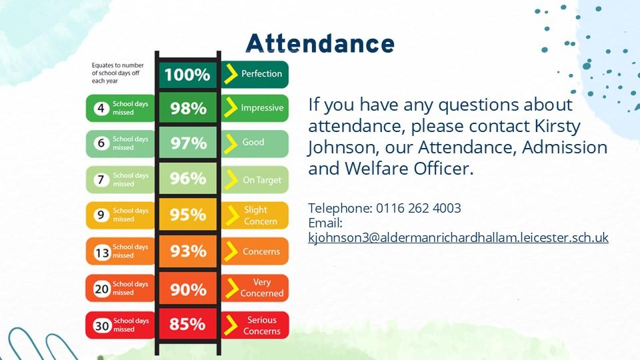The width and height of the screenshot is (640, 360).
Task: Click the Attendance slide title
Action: point(320,43)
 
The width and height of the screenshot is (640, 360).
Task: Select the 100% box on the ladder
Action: point(187,75)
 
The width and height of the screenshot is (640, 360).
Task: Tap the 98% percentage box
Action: point(188,108)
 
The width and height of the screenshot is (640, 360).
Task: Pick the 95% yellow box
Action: point(188,215)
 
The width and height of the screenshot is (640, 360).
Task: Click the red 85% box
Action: point(188,324)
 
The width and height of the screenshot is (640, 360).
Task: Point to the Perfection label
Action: point(261,74)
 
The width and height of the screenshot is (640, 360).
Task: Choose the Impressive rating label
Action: point(262,108)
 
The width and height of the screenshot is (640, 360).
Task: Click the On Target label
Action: point(262,180)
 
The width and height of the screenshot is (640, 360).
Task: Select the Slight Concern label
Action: point(261,215)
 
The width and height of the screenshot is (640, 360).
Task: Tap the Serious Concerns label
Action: point(262,325)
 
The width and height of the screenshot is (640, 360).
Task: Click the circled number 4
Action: point(101,109)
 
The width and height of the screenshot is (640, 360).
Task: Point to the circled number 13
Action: point(102,253)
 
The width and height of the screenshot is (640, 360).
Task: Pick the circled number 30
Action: point(102,326)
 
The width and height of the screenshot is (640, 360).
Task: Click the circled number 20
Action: point(101,289)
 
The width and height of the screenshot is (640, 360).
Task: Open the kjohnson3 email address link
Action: point(459,237)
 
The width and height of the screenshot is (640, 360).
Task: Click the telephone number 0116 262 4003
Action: point(419,208)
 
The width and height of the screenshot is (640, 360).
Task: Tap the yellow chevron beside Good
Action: point(231,143)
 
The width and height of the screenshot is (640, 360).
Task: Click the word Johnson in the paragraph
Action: point(341,148)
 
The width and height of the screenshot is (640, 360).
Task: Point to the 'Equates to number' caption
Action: point(117,65)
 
